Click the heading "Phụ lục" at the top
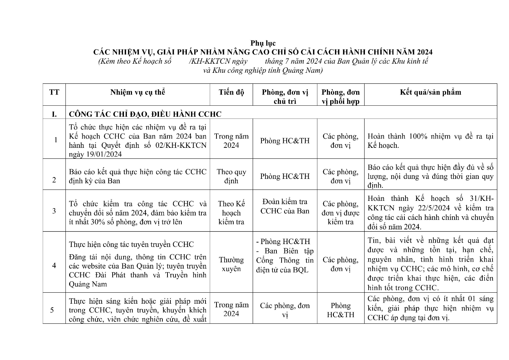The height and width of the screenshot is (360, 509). coord(263,43)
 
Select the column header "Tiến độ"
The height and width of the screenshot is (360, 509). coord(231,92)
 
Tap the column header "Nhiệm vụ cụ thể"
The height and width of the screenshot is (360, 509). coord(137,92)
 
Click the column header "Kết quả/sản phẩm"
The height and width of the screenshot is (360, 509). coord(430,92)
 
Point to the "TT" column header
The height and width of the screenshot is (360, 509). coord(54,92)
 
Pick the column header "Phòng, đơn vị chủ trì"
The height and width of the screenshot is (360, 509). coord(285,97)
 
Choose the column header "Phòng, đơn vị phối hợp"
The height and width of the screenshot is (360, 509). coord(340,97)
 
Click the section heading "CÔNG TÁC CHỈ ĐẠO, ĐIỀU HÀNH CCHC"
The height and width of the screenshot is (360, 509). coord(145,114)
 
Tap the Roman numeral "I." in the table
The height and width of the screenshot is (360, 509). coord(54,114)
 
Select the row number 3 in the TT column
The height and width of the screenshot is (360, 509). coord(54,211)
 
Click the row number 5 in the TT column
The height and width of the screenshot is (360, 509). coord(52,310)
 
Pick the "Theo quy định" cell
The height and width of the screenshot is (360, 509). coord(231,176)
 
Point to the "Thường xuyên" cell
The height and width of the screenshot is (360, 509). coord(231,264)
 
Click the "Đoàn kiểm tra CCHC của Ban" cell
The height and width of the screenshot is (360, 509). coord(285,206)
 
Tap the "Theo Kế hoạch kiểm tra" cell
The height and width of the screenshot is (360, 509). coord(231,213)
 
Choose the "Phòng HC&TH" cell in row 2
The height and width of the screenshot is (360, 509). coord(285,176)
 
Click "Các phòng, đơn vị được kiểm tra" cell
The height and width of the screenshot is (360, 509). coord(340,213)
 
